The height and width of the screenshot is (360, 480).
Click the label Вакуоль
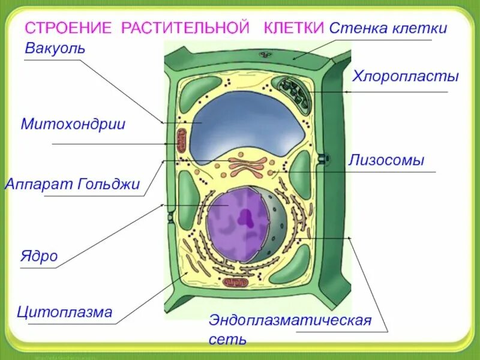[x=55, y=47]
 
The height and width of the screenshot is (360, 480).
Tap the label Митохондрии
[x=73, y=124]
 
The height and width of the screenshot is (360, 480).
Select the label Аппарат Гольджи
[x=73, y=184]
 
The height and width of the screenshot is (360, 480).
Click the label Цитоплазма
[x=65, y=312]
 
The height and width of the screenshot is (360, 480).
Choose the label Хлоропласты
[x=405, y=76]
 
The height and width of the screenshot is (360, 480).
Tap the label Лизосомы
[x=386, y=160]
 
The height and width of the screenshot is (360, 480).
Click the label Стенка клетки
[x=388, y=28]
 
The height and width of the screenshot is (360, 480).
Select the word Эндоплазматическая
[x=290, y=320]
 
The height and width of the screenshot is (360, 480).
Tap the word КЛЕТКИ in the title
[x=295, y=29]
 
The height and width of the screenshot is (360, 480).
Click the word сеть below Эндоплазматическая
[x=227, y=340]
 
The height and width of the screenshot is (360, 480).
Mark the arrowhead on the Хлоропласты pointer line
[x=346, y=92]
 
